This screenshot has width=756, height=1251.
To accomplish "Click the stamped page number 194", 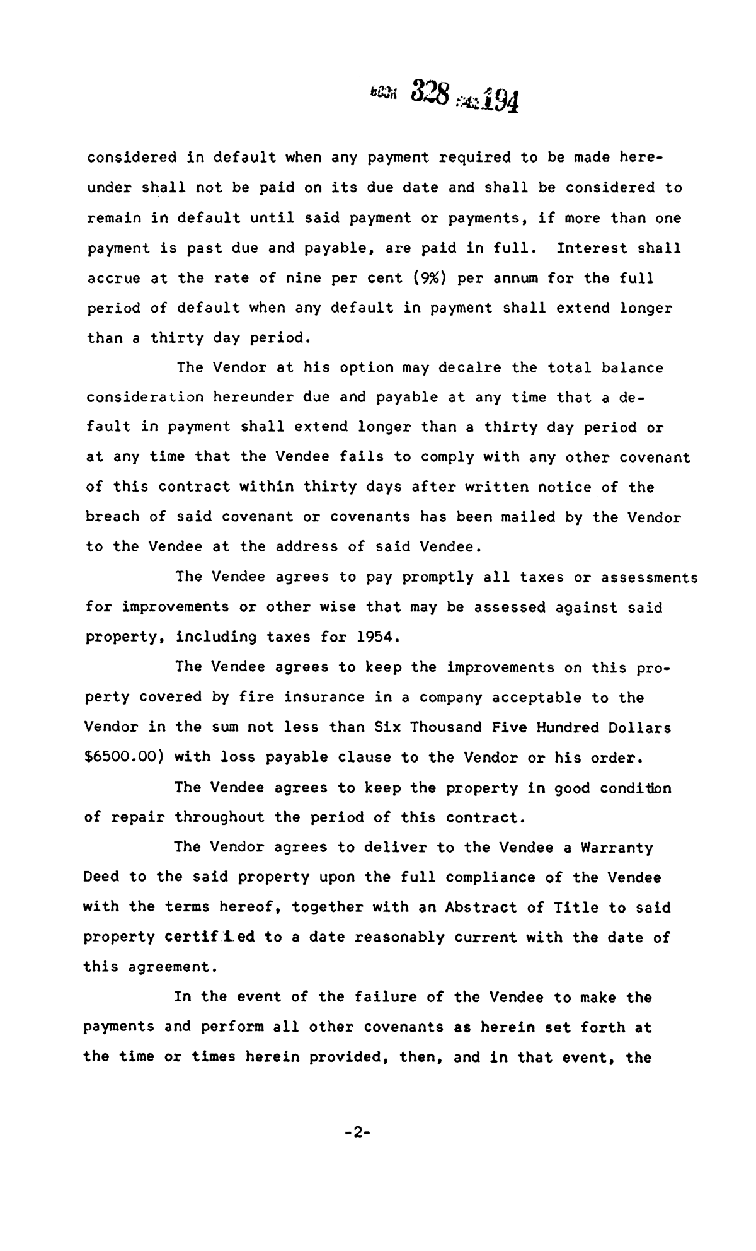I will (x=497, y=99).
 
